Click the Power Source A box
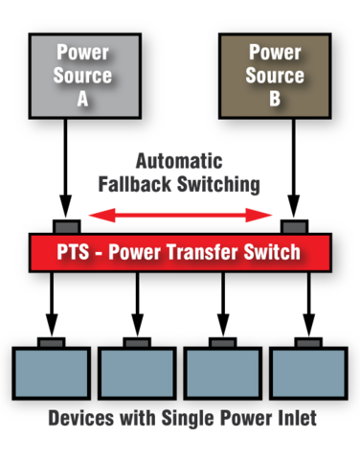tap(83, 76)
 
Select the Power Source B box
tap(275, 76)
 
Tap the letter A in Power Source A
tap(83, 98)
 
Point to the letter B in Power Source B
tap(275, 98)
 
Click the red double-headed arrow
tap(180, 216)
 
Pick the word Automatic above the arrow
tap(180, 161)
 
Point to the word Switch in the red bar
tap(278, 253)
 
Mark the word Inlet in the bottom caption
tap(292, 420)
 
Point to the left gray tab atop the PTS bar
tap(66, 227)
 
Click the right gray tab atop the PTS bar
tap(294, 227)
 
